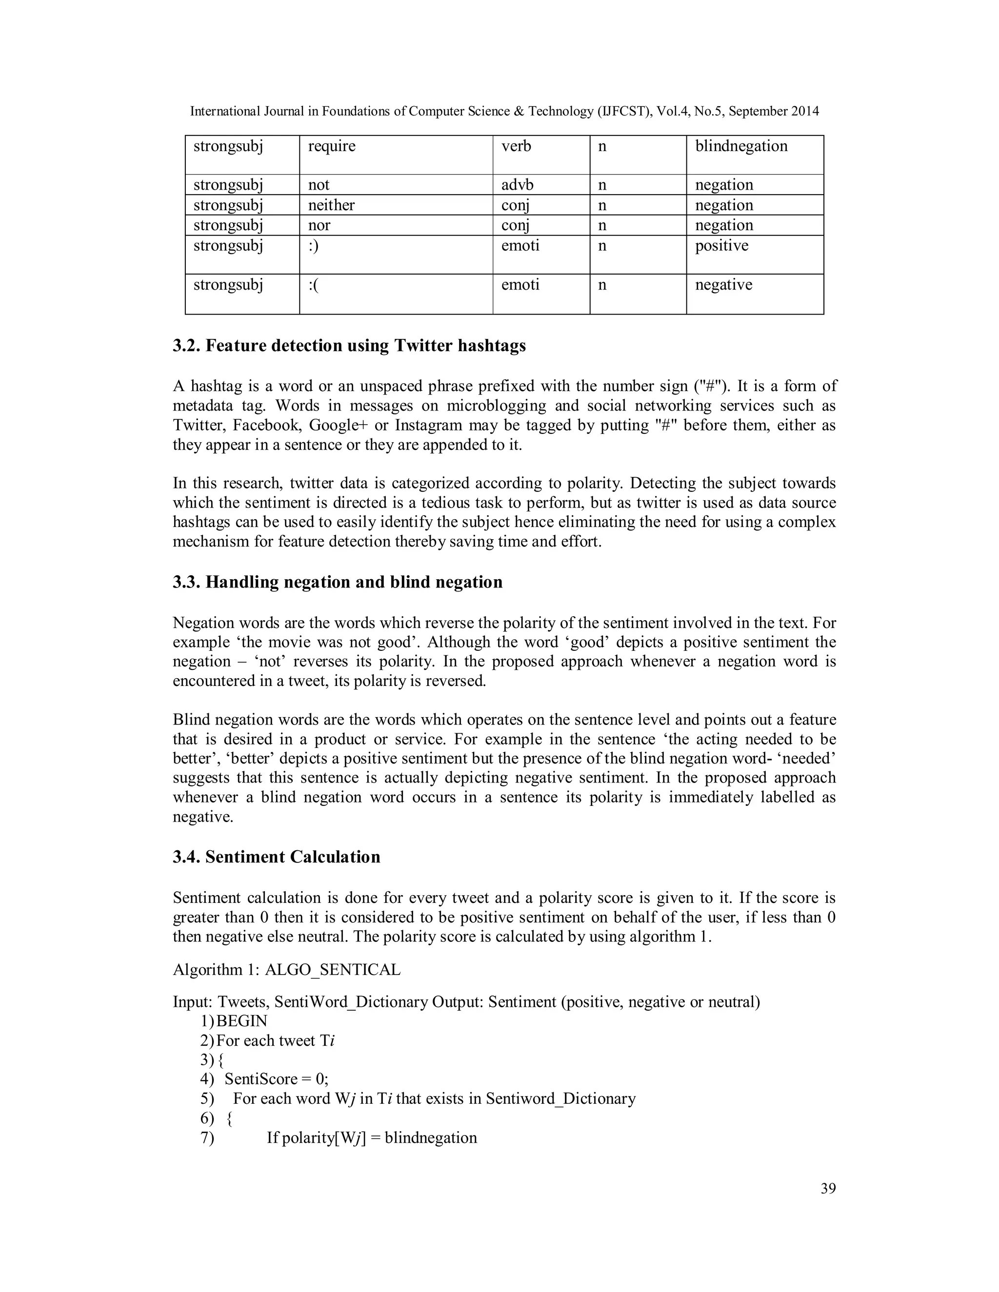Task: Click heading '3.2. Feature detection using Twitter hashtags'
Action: [349, 346]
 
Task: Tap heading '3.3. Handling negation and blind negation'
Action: [338, 582]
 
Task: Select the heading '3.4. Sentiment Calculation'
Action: [277, 857]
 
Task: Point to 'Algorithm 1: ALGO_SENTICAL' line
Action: [286, 970]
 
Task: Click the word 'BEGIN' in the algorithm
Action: [242, 1021]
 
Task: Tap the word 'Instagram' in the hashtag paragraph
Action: [429, 425]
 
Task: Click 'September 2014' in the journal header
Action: [774, 111]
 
